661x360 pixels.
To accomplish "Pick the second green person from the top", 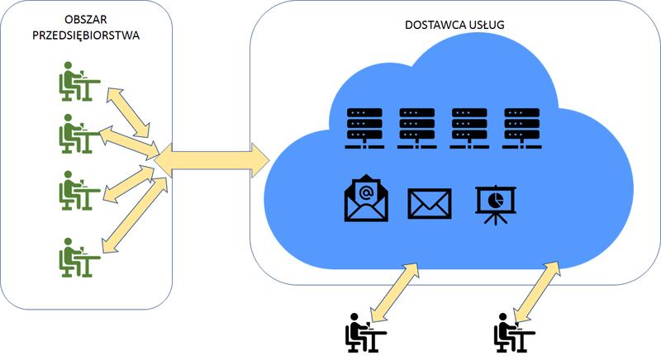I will tap(78, 132).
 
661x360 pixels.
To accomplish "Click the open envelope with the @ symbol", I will tap(365, 201).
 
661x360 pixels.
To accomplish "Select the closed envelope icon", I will tap(430, 203).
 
